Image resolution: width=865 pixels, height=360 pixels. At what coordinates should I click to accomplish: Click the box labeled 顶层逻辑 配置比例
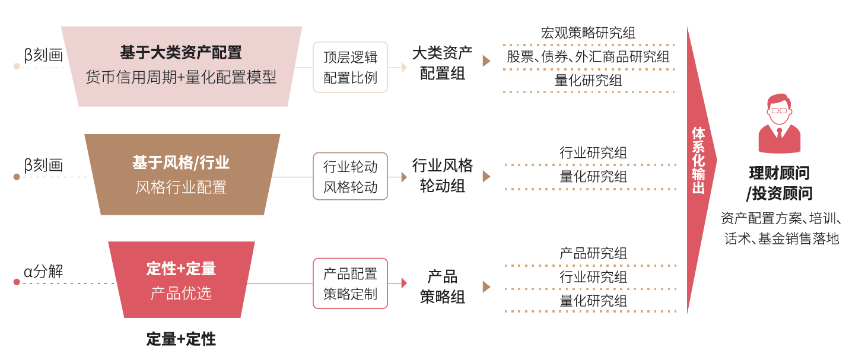coord(350,67)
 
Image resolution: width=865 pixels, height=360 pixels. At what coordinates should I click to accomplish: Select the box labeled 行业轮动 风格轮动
coord(350,176)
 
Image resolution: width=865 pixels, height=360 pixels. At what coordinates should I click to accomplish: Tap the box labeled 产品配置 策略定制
coord(350,283)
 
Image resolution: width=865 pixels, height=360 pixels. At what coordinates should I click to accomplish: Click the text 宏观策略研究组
coord(588,33)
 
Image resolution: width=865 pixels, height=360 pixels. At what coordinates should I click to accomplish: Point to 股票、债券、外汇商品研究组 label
coord(588,57)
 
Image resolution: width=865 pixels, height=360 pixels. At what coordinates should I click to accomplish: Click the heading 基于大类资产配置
coord(181,52)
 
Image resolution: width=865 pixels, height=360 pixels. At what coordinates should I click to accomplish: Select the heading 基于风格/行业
coord(181,163)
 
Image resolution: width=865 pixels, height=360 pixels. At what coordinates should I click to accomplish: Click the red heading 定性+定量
coord(181,269)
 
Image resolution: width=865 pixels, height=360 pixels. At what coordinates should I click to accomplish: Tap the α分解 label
coord(43,272)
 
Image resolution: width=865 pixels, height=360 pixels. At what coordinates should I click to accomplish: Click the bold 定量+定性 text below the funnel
coord(181,339)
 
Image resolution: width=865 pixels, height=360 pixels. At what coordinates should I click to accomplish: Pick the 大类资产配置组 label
coord(443,63)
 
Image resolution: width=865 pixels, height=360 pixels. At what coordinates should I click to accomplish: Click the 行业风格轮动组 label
coord(443,176)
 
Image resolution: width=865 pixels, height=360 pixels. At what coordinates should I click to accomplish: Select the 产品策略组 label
coord(443,286)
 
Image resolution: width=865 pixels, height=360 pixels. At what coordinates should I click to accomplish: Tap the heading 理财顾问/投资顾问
coord(779,183)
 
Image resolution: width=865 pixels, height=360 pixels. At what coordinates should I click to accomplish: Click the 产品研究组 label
coord(593,254)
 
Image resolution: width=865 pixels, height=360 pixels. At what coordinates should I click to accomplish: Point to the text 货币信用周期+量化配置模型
coord(181,77)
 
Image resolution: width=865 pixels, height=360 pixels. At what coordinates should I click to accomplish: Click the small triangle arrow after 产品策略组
coord(486,287)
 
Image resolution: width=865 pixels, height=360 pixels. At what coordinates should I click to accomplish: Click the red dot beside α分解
coord(17,282)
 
